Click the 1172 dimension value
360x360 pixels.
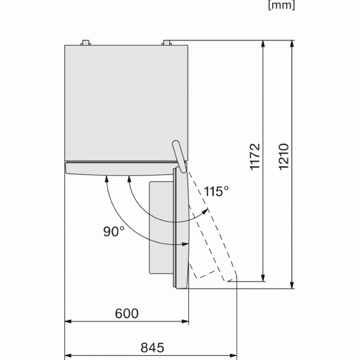(x=255, y=157)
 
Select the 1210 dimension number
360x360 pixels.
(x=284, y=157)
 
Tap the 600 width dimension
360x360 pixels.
(x=127, y=313)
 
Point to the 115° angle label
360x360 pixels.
(x=216, y=191)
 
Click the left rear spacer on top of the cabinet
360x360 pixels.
(x=85, y=43)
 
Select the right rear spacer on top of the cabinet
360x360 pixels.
(x=167, y=43)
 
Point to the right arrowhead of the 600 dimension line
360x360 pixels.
(x=185, y=321)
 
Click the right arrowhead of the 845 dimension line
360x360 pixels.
(x=233, y=356)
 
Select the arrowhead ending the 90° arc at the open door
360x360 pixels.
(x=185, y=244)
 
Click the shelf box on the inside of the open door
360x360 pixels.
(x=161, y=228)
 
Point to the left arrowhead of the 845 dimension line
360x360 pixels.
(x=69, y=356)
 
